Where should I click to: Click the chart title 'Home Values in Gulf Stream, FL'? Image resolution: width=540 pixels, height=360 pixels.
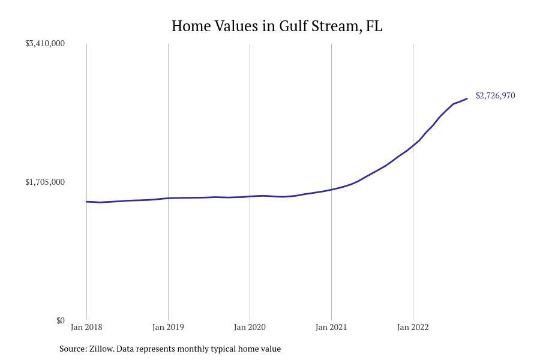click(277, 26)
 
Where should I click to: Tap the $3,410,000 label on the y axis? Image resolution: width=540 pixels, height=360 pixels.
click(45, 44)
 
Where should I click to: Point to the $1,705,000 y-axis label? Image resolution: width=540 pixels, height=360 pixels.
click(45, 182)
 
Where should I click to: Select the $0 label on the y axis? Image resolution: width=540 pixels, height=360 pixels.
click(61, 321)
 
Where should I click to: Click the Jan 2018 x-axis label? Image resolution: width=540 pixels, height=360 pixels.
click(86, 328)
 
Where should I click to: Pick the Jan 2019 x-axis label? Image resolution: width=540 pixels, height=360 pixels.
click(168, 328)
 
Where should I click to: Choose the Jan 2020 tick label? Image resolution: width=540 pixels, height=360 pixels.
click(250, 328)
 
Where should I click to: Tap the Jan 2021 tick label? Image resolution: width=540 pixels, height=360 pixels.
click(331, 328)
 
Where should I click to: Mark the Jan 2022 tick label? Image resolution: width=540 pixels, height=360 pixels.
click(413, 328)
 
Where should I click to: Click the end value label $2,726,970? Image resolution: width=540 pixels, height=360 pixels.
click(495, 96)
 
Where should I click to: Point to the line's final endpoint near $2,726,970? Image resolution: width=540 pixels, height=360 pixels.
click(467, 98)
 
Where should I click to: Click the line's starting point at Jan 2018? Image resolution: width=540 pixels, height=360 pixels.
click(86, 202)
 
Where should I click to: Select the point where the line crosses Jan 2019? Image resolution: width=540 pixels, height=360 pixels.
click(168, 198)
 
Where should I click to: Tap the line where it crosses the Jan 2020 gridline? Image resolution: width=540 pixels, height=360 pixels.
click(250, 196)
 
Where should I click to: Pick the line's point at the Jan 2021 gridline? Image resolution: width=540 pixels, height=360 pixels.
click(331, 190)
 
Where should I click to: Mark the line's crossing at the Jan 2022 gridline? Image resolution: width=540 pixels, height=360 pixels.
click(413, 145)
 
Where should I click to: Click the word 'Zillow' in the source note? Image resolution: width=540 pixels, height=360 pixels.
click(101, 349)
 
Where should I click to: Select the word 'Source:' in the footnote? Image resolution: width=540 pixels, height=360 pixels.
click(73, 349)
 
